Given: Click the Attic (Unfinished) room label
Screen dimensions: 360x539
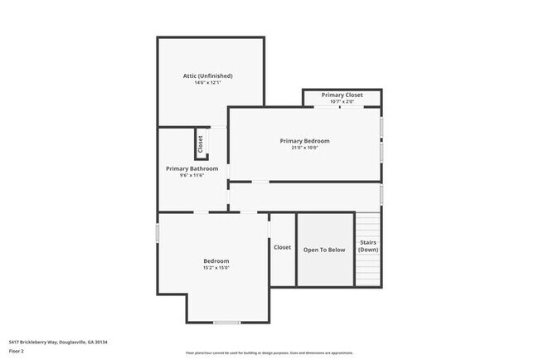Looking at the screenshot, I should [x=208, y=75].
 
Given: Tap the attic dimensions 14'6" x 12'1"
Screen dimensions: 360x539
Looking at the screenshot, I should [x=208, y=83].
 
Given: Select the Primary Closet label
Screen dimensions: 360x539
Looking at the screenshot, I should [x=342, y=95].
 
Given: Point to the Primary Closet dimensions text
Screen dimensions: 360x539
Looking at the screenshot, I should [x=342, y=102].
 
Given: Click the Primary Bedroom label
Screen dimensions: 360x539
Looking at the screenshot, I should [x=304, y=141].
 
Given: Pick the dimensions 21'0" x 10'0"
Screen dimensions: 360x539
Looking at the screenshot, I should [x=304, y=148].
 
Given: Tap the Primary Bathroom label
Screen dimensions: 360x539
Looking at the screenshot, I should [x=192, y=168].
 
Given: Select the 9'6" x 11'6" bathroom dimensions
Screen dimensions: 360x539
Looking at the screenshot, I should [x=192, y=176].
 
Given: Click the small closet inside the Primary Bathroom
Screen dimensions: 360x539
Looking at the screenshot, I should [x=200, y=144].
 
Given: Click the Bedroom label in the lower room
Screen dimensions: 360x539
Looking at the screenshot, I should [x=216, y=260].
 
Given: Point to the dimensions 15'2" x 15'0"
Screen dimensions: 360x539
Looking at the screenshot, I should [x=216, y=268].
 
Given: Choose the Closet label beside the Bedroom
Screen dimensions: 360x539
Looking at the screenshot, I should [x=282, y=247].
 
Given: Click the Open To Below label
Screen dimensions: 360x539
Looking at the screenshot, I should [x=324, y=249].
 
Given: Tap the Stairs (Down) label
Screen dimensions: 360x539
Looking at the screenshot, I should [x=368, y=246].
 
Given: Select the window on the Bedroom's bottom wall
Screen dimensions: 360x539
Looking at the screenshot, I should [x=226, y=322].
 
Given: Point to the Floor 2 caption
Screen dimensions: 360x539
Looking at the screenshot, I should [x=17, y=350].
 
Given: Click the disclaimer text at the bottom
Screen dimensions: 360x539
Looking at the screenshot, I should [x=269, y=352].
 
